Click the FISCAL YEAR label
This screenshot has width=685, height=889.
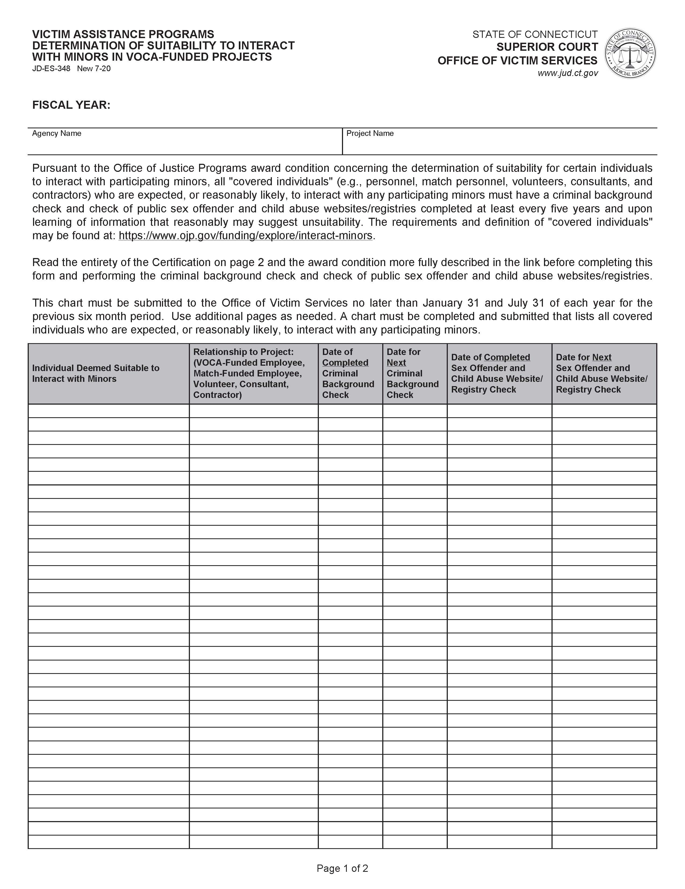pyautogui.click(x=71, y=105)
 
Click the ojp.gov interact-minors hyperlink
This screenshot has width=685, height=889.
pyautogui.click(x=245, y=236)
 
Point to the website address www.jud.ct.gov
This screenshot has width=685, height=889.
pyautogui.click(x=568, y=73)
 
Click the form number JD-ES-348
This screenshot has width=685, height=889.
pyautogui.click(x=51, y=68)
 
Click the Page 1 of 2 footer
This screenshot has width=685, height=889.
pyautogui.click(x=342, y=868)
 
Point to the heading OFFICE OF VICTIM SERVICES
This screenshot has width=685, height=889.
pyautogui.click(x=517, y=61)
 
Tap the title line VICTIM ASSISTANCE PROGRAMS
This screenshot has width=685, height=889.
pyautogui.click(x=123, y=34)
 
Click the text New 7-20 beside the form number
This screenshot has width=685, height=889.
pyautogui.click(x=94, y=68)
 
